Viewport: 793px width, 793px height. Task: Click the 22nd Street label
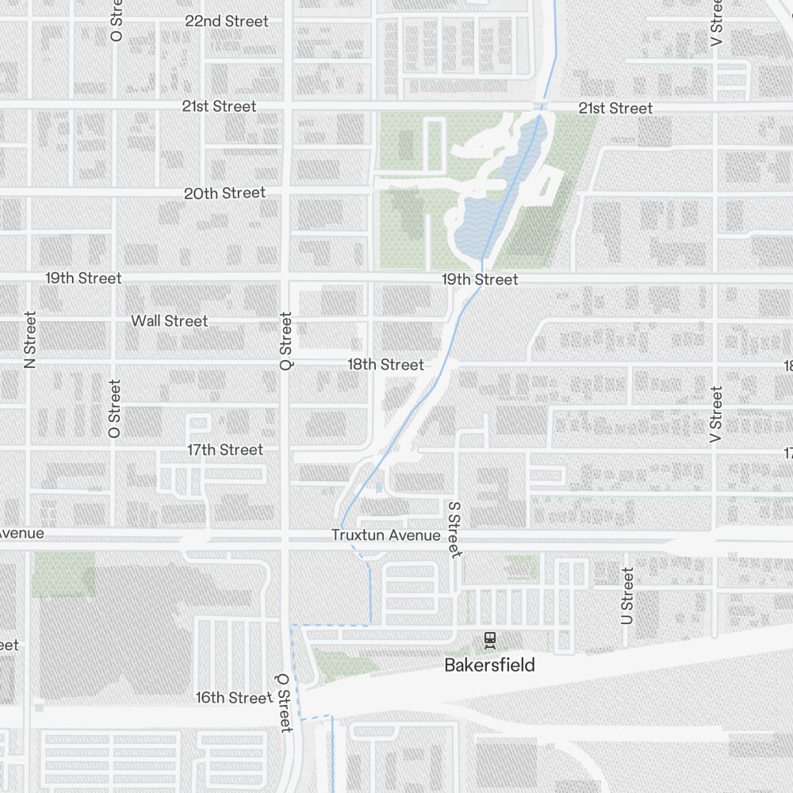click(227, 21)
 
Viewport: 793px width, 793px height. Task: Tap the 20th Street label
click(224, 193)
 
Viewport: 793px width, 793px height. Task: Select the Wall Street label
click(169, 320)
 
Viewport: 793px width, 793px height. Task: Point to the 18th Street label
click(385, 364)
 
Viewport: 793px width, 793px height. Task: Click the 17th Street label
click(224, 450)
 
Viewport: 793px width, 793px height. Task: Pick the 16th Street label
click(234, 697)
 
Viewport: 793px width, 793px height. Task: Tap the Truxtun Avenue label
click(385, 535)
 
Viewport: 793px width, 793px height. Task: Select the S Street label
click(454, 529)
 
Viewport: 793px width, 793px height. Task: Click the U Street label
click(627, 596)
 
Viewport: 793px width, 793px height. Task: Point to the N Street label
click(30, 339)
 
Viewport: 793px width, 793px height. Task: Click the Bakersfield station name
click(489, 665)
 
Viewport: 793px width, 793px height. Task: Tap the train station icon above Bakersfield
click(490, 638)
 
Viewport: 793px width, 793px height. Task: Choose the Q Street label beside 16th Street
click(284, 703)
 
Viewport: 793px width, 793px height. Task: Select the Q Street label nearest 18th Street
click(286, 341)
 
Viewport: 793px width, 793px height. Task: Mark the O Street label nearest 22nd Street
click(117, 21)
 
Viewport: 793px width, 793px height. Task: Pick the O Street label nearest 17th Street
click(115, 408)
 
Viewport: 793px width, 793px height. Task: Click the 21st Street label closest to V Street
click(615, 108)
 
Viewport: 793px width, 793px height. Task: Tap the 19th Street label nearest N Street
click(83, 278)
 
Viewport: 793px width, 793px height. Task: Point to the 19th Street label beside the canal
click(480, 279)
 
